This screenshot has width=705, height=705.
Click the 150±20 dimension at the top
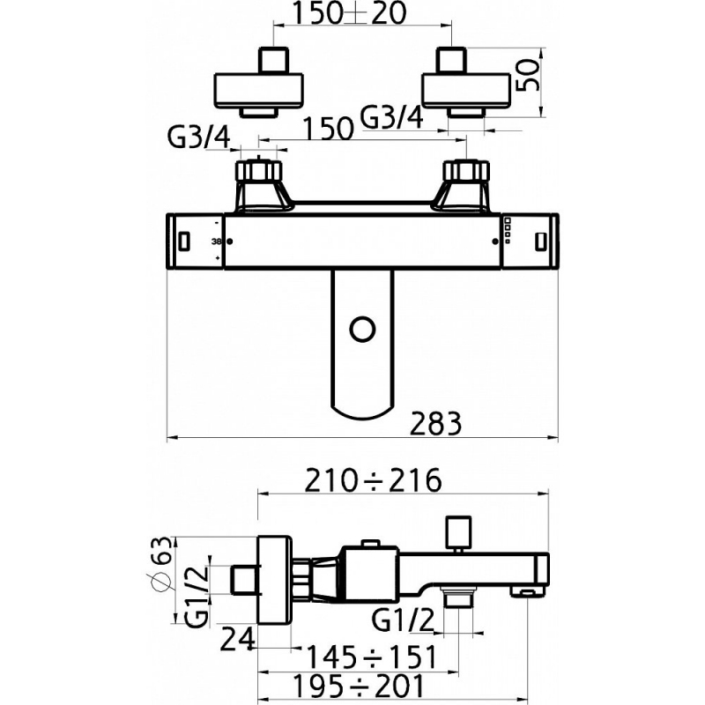click(349, 13)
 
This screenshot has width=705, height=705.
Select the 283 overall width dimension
click(436, 423)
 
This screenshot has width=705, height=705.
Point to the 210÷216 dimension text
click(373, 480)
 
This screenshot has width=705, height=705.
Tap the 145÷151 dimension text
click(371, 657)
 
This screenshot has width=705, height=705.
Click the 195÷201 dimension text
click(359, 686)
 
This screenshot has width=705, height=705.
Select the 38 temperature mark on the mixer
click(216, 241)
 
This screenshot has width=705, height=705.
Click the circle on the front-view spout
click(362, 331)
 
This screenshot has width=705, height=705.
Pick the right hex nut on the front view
click(466, 171)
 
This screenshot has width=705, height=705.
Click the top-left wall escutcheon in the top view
click(258, 91)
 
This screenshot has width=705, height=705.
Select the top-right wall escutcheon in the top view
click(466, 91)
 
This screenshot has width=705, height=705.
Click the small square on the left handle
click(184, 241)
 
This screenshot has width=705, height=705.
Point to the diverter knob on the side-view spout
click(458, 534)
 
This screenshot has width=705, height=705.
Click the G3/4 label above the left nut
click(199, 138)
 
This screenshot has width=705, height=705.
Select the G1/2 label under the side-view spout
click(403, 621)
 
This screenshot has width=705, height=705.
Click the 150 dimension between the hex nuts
click(328, 129)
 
